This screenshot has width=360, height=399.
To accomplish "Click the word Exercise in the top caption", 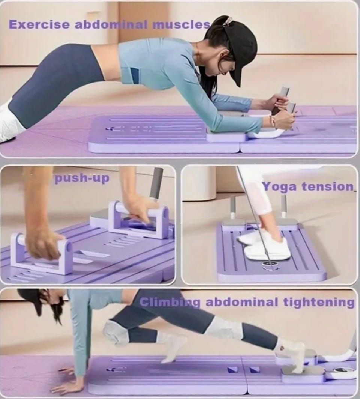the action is [x=39, y=24].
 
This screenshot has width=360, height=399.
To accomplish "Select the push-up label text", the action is [x=82, y=178].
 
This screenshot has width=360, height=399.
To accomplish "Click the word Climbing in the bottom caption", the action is [x=170, y=302].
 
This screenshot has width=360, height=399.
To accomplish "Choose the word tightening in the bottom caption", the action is [x=319, y=302].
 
